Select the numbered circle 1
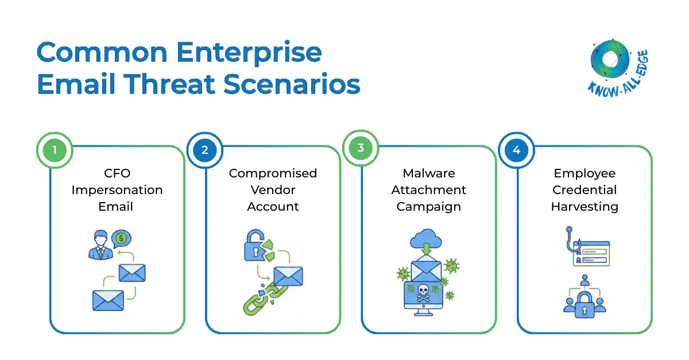point(55,150)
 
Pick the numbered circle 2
point(205,150)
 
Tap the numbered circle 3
point(361,148)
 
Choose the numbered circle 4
point(516,150)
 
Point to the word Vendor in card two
point(273,190)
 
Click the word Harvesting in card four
point(585,207)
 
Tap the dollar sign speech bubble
point(121,238)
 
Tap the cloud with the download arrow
point(426,241)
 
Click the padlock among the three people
point(585,304)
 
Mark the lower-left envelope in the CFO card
point(108,300)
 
